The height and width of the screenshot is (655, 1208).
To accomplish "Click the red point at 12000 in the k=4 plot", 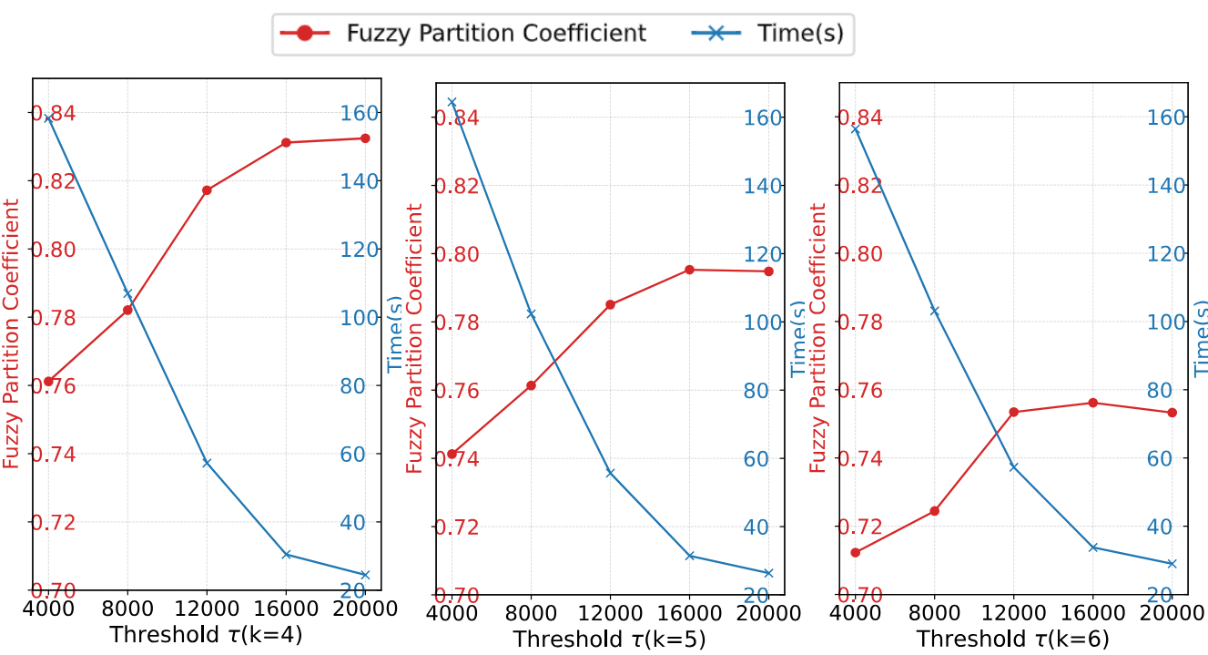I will tap(207, 189).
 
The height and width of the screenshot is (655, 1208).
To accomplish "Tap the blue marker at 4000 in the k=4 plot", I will tap(48, 118).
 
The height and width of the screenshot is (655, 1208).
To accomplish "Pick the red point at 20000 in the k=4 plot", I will tap(365, 138).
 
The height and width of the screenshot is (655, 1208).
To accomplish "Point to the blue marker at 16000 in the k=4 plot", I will tap(286, 554).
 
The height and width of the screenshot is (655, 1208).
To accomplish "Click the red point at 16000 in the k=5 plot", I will tap(689, 270).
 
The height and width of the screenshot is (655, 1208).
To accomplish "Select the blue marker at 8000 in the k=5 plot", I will tap(531, 313).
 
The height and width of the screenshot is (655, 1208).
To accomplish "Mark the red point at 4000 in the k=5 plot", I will tap(452, 454).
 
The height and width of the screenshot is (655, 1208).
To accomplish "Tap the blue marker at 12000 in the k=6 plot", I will tap(1013, 467).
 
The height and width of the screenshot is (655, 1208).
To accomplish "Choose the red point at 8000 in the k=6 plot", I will tap(934, 511).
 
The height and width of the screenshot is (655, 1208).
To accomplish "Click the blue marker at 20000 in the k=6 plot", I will tap(1172, 563).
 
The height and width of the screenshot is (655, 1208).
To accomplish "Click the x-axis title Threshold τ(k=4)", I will tap(206, 636).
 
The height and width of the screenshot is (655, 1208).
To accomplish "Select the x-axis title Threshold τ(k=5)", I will tap(609, 639).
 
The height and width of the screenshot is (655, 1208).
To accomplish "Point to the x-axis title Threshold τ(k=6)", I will tap(1012, 639).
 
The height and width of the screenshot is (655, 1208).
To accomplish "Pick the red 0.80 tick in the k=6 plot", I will tap(860, 254).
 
